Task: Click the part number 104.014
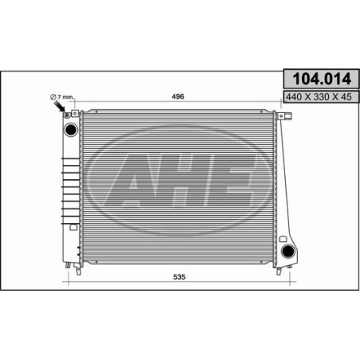pos(322,79)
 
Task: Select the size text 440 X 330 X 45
pos(319,97)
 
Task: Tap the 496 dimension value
pos(178,96)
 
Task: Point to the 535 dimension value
pos(179,277)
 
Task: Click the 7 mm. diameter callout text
pos(62,97)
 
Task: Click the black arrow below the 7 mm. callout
pos(60,107)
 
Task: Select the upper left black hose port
pos(71,130)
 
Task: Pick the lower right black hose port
pos(288,251)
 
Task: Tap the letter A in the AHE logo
pos(132,180)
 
